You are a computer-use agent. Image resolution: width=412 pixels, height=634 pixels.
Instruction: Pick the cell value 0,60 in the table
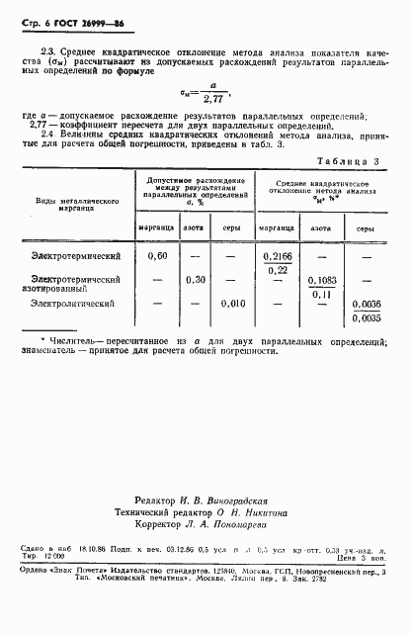(x=156, y=256)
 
